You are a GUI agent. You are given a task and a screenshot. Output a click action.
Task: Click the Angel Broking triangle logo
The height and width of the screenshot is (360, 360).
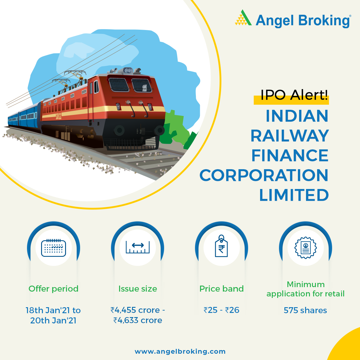tap(243, 18)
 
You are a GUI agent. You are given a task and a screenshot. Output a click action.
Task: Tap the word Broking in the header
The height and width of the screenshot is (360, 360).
tap(324, 21)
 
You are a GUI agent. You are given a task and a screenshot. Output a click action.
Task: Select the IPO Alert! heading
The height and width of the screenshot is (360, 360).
tap(294, 95)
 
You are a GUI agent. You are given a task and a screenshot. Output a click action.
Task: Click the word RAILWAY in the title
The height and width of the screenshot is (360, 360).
tap(289, 136)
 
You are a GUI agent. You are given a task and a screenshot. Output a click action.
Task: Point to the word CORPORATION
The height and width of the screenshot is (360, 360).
tap(264, 175)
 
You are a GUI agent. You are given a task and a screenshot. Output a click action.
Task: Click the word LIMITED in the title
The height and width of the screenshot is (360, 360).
tap(294, 195)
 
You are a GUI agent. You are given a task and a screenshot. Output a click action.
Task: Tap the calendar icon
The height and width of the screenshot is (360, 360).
tap(53, 248)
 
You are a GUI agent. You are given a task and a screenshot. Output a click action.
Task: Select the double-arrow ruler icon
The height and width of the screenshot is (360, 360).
tap(138, 247)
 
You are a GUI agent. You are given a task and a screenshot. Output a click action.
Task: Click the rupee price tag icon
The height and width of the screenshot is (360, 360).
tap(221, 246)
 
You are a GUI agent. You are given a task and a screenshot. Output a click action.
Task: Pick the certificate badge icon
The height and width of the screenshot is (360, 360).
tap(305, 248)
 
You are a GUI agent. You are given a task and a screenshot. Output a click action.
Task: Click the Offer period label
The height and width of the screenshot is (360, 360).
tap(53, 289)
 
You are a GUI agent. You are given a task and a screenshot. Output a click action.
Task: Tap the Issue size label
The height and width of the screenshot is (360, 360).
tap(138, 289)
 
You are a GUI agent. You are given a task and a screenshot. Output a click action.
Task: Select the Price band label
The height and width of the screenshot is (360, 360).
tap(222, 289)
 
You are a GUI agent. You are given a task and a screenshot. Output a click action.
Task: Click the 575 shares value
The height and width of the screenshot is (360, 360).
tap(305, 310)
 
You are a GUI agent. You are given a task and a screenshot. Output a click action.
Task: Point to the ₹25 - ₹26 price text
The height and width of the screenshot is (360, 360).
tap(221, 310)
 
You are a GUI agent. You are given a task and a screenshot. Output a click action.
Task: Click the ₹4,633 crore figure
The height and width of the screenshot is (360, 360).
tap(138, 320)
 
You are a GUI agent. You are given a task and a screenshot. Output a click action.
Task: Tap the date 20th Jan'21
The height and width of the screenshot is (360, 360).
tap(53, 321)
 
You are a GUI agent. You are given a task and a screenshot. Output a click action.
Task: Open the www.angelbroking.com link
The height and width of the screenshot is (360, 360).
tap(180, 352)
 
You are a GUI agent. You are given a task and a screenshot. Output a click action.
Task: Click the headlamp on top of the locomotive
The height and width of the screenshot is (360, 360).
tap(128, 71)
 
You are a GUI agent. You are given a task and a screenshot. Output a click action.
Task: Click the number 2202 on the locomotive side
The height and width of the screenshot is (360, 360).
tap(58, 116)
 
